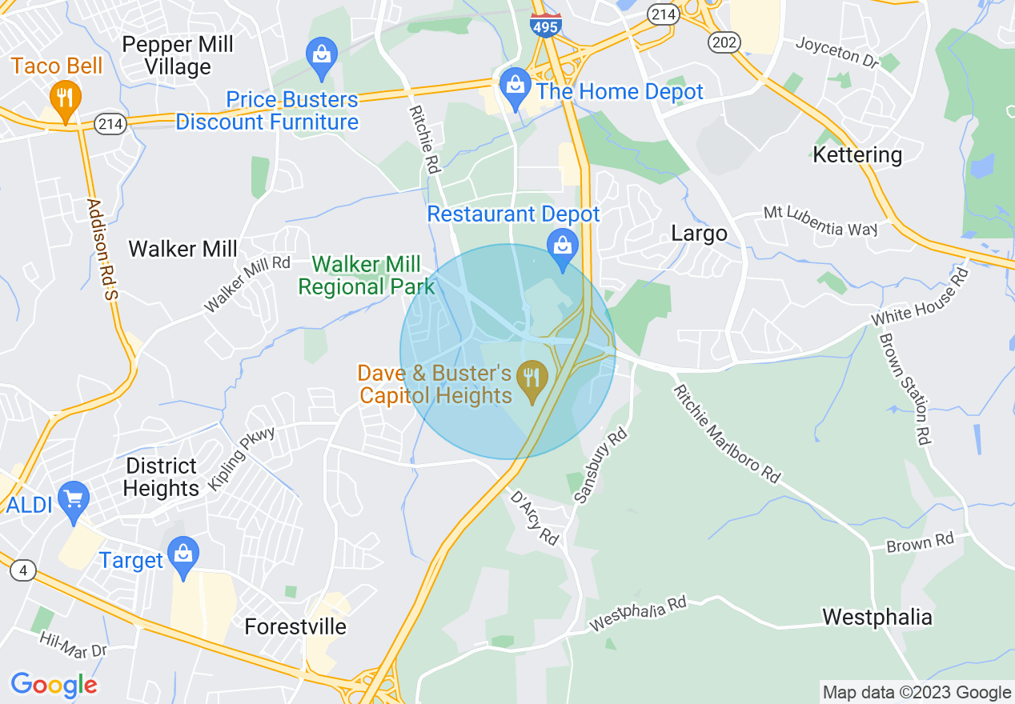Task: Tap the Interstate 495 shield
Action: point(545,24)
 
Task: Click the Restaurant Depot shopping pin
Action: point(563,246)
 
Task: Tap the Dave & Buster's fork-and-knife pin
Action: point(532,377)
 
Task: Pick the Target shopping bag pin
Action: point(184,554)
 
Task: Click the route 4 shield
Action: point(24,570)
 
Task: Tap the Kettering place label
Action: point(857,154)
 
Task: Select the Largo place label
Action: point(699,234)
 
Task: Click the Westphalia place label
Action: point(877,617)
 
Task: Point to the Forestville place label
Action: point(295,626)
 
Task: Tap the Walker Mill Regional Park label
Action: point(366,274)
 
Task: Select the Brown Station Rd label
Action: point(905,389)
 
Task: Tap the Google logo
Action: point(54,685)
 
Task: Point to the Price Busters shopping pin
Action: point(321,56)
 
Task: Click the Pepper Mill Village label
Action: point(178,55)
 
